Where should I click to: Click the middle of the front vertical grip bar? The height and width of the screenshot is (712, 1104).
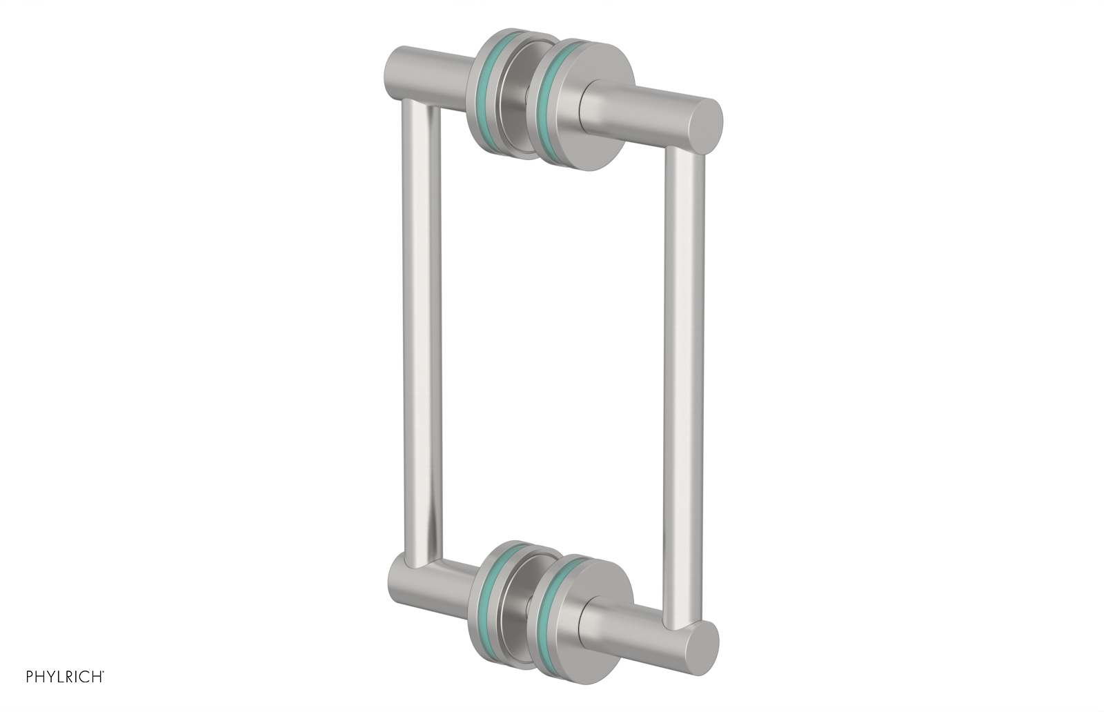click(x=684, y=386)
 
